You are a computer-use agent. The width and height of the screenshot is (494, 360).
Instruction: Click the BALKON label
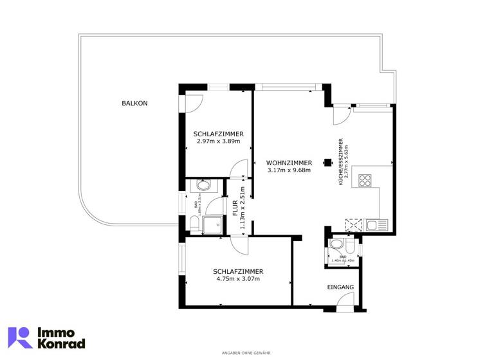coord(134,103)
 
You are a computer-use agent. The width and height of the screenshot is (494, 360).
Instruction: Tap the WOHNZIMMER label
coord(289,163)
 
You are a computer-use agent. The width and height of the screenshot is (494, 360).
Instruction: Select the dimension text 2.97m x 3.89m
coord(217,141)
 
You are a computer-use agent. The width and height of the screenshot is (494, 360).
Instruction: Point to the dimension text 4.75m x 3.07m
coord(237,280)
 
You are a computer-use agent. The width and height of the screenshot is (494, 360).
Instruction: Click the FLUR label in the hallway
coord(235,208)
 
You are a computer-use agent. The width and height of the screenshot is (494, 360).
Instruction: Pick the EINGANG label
coord(340,287)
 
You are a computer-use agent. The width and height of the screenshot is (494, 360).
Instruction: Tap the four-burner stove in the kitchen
coord(365,181)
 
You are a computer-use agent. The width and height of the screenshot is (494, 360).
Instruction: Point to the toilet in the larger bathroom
coord(195,224)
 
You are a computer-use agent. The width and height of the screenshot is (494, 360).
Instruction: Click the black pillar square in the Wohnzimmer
coord(327,163)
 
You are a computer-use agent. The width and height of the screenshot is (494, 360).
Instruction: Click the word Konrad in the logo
coord(62,345)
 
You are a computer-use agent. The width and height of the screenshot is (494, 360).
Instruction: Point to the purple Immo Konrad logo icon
coord(19,337)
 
